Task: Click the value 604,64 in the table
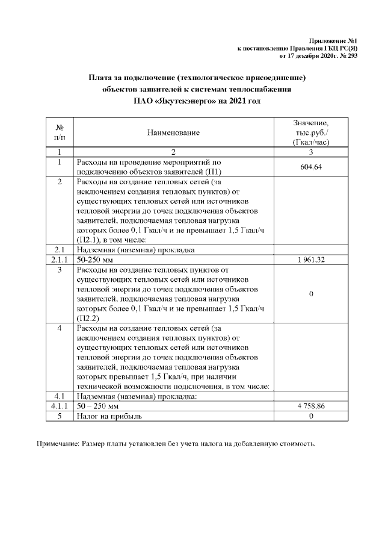(310, 167)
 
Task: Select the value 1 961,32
(310, 260)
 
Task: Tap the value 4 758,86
(310, 406)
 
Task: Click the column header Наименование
(173, 132)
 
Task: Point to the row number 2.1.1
(60, 260)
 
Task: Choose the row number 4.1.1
(60, 406)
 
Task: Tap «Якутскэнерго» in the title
(183, 101)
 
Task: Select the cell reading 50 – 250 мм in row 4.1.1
(98, 406)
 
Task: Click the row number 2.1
(60, 249)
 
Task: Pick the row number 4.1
(60, 397)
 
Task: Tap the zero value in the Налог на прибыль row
(310, 416)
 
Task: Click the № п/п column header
(60, 132)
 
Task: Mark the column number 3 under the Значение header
(310, 152)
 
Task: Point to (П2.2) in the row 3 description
(88, 318)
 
